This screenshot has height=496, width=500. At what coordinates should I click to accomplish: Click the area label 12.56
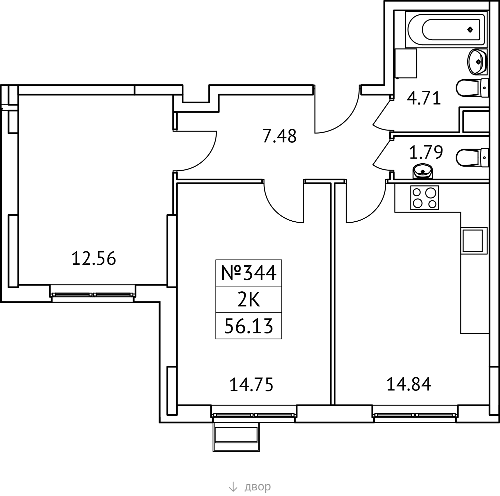(x=93, y=258)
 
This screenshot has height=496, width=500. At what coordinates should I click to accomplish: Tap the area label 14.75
(x=251, y=385)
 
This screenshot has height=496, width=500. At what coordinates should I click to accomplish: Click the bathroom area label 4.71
(x=424, y=98)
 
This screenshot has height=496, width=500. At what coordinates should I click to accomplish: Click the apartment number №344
(x=249, y=273)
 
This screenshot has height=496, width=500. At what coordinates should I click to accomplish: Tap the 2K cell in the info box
(x=248, y=299)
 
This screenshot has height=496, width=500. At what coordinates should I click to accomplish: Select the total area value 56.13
(x=249, y=326)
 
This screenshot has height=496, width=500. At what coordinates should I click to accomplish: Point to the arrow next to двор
(x=233, y=486)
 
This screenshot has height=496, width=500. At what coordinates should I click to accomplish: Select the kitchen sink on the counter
(x=473, y=240)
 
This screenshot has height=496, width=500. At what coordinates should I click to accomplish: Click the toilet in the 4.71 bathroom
(x=472, y=88)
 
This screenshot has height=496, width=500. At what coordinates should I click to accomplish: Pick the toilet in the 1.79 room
(x=472, y=158)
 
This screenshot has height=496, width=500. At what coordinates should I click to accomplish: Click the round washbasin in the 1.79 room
(x=422, y=171)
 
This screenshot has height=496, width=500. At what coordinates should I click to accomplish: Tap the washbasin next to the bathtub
(x=477, y=62)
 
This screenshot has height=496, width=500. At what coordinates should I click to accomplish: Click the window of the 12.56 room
(x=93, y=294)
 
